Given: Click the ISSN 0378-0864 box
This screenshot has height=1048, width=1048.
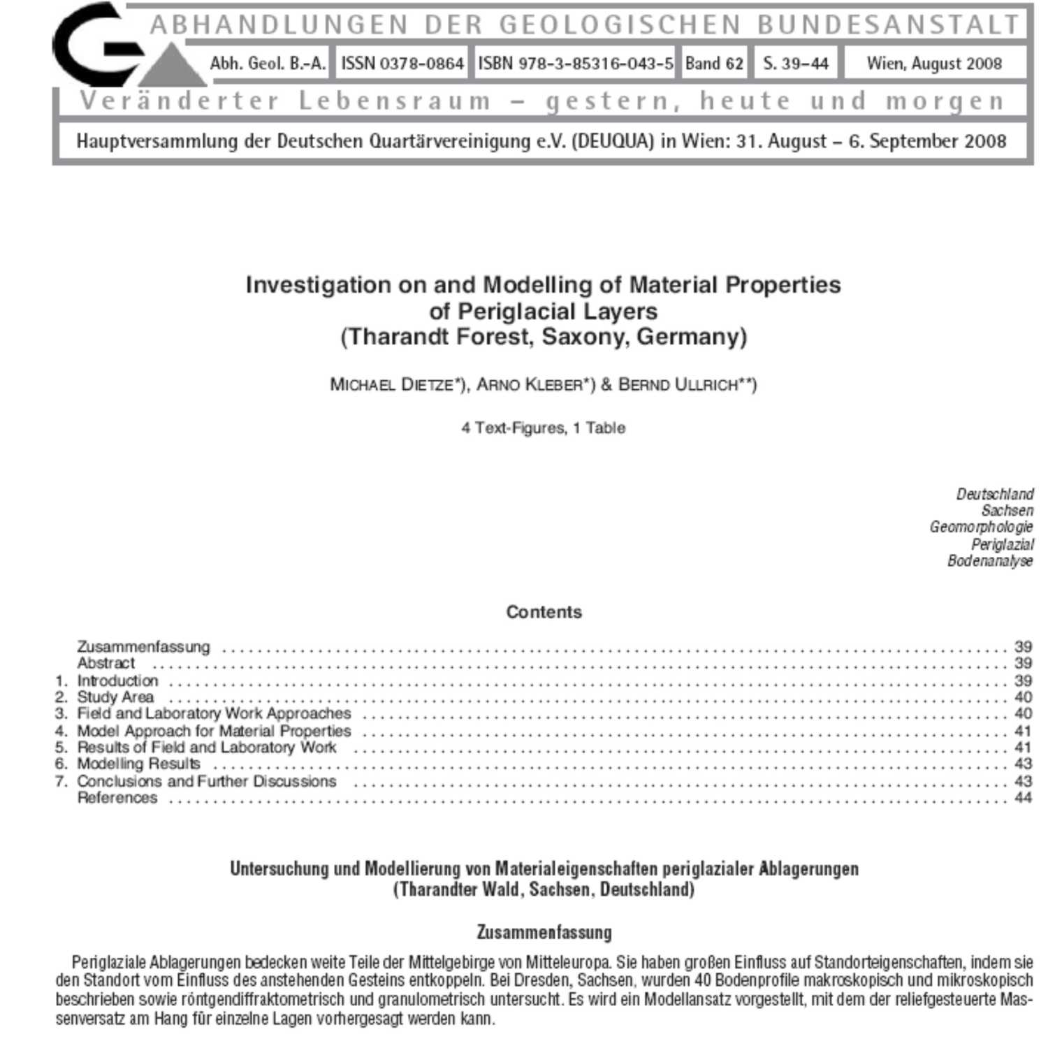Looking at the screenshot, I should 402,64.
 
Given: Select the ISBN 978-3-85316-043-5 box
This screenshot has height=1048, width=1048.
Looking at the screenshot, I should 575,64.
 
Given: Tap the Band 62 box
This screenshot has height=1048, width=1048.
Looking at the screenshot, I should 713,64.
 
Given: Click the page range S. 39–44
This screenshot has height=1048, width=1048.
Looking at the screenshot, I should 795,64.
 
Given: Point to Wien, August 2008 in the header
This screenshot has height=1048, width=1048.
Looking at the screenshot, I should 934,64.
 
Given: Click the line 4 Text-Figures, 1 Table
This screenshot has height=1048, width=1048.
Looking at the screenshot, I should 543,428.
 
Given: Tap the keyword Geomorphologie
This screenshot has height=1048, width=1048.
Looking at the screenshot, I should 980,527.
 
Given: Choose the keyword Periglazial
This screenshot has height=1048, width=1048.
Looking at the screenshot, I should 1002,544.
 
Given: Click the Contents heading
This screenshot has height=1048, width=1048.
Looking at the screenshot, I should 544,612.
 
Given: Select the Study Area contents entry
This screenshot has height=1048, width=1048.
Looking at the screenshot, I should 115,697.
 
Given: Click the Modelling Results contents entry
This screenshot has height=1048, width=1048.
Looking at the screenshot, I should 138,764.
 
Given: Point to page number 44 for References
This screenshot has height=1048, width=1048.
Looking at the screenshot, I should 1023,798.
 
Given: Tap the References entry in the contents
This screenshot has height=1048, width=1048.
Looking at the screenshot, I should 117,798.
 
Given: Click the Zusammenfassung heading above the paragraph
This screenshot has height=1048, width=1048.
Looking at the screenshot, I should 544,933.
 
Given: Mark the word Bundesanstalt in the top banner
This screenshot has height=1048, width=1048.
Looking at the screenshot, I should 889,25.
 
